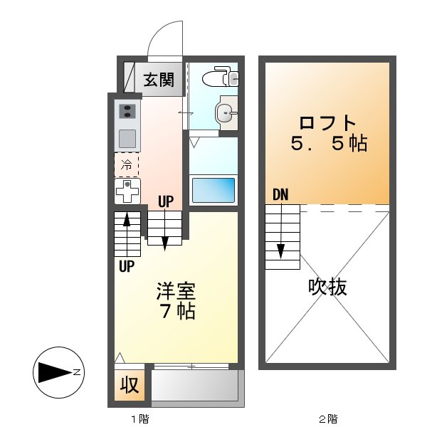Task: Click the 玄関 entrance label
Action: pos(159,79)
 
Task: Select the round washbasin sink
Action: pos(225,112)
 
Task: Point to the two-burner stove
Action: pos(128,111)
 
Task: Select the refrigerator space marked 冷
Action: pos(127,165)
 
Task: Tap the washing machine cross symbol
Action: pos(127,191)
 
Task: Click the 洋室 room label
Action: pos(176,291)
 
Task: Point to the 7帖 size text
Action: pos(176,311)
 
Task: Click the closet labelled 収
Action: pos(129,386)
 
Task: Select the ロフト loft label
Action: pos(327,121)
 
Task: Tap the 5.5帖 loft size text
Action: pos(327,143)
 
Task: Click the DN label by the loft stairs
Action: pos(280,194)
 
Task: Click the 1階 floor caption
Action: pos(139,418)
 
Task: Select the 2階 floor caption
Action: pos(327,418)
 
